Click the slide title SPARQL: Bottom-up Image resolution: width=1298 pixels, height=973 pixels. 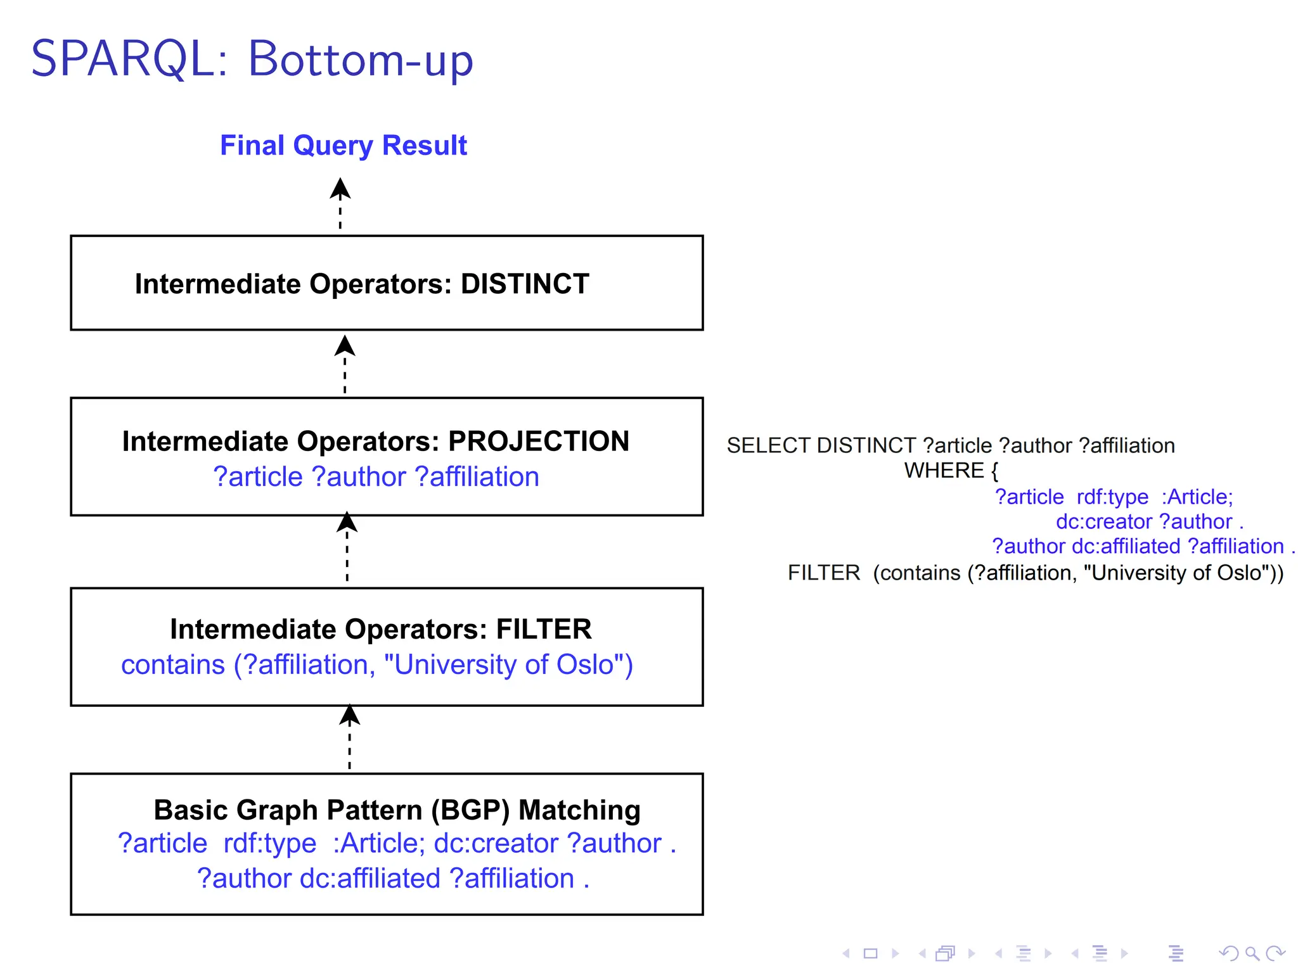click(x=252, y=59)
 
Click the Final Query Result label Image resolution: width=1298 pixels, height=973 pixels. click(x=343, y=145)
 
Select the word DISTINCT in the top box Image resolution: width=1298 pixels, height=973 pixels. click(x=525, y=284)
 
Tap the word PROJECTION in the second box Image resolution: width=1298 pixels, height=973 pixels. click(x=539, y=441)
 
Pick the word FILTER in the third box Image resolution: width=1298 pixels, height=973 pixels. click(x=544, y=629)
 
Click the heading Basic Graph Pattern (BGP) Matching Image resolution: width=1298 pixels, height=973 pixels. click(x=397, y=810)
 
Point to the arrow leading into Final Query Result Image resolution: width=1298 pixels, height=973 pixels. click(x=340, y=203)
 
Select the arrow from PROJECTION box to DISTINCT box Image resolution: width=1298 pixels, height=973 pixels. click(x=345, y=364)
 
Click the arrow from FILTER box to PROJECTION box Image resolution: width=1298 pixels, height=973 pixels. click(x=347, y=547)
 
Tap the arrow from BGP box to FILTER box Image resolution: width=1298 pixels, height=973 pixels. click(x=349, y=737)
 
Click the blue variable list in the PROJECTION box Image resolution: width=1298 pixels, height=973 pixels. click(x=376, y=476)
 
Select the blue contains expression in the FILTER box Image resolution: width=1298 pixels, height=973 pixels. click(x=377, y=665)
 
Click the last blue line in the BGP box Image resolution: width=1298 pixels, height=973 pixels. click(x=393, y=879)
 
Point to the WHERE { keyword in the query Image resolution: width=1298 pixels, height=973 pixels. click(x=951, y=471)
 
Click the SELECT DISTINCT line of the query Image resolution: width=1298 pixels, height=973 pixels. click(x=951, y=445)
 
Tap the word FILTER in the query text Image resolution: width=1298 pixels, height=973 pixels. click(x=824, y=573)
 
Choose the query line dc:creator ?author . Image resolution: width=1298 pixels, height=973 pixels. click(x=1149, y=521)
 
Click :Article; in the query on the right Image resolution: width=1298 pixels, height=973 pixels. click(x=1197, y=497)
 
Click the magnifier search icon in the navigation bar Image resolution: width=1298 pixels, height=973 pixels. click(x=1252, y=953)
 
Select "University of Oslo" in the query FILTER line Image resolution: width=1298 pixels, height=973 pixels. click(x=1179, y=573)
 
